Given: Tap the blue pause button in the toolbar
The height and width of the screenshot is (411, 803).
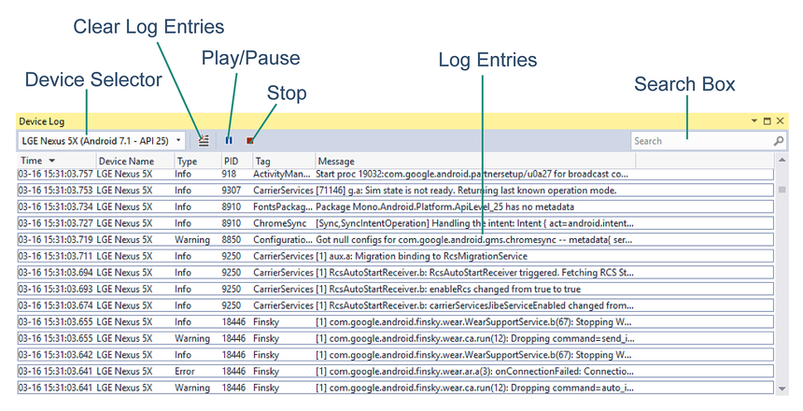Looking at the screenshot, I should (x=229, y=141).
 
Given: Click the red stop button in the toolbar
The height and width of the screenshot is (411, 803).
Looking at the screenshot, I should (x=250, y=141).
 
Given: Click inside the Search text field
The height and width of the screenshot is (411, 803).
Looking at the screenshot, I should (x=700, y=141).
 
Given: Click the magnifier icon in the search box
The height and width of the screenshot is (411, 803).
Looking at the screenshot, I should (x=779, y=141).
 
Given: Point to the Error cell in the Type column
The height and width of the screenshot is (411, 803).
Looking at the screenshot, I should (x=187, y=371).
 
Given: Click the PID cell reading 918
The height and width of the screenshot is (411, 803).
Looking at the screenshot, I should (x=229, y=174).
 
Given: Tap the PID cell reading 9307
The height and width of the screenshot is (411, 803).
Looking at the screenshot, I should (x=232, y=191).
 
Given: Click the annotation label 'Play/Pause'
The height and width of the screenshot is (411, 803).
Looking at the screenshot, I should (x=250, y=58).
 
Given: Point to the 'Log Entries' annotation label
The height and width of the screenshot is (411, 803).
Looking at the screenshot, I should (x=487, y=60).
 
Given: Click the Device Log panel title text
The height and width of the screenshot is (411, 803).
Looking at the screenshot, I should (x=42, y=121).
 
